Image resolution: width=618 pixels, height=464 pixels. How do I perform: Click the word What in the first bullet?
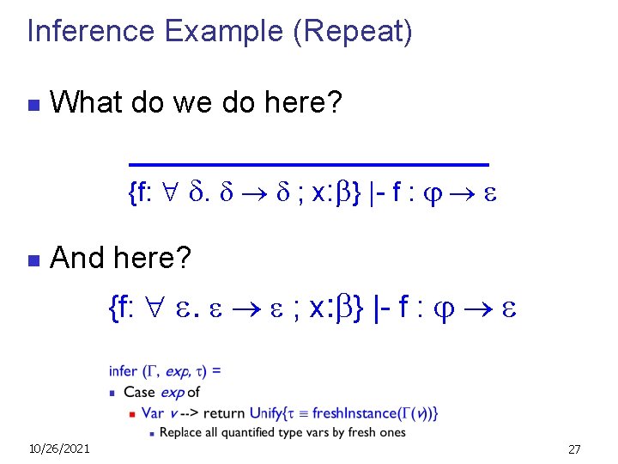pos(85,105)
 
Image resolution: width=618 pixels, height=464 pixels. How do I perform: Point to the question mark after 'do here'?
pos(336,105)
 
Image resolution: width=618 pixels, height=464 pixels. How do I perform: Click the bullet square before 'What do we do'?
pos(33,107)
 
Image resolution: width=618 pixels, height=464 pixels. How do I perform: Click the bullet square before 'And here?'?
pos(33,259)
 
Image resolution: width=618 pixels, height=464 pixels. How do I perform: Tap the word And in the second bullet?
pos(78,257)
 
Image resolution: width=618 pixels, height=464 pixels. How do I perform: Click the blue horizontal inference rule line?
pos(308,162)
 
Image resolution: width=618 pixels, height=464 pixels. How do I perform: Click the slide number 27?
pos(574,449)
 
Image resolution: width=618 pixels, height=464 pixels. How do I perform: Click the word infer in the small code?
pos(123,371)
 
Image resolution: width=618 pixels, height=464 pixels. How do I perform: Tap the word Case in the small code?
pos(140,392)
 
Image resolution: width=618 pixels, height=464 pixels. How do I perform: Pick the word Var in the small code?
pos(153,412)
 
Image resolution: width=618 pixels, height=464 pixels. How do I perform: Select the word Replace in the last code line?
pos(181,431)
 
